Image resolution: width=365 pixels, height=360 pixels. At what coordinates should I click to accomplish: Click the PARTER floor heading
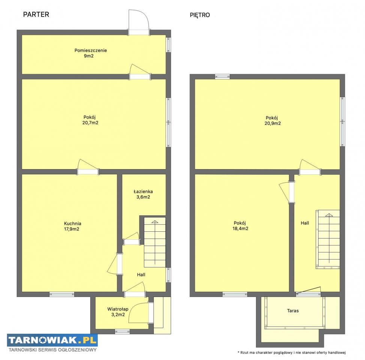click(36, 15)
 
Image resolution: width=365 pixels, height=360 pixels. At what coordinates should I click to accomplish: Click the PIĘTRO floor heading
click(200, 15)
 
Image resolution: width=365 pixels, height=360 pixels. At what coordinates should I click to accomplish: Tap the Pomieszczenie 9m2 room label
click(91, 53)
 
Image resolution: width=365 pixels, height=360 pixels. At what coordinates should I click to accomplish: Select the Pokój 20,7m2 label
click(90, 120)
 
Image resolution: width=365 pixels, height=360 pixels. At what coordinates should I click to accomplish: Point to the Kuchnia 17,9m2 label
click(72, 226)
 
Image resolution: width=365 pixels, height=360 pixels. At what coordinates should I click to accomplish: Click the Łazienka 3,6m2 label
click(143, 194)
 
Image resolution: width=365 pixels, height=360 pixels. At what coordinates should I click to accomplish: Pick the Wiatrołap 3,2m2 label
click(118, 312)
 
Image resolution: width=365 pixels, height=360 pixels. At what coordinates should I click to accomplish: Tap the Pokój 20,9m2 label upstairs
click(272, 120)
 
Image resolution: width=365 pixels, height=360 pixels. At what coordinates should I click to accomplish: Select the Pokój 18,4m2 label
click(240, 225)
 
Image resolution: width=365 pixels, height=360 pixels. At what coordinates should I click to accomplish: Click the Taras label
click(293, 310)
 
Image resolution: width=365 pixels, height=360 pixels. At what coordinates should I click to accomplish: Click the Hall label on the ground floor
click(141, 275)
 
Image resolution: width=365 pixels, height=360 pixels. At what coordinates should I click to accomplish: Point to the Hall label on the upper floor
click(305, 223)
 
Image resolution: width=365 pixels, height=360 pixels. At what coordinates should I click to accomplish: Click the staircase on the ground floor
click(155, 242)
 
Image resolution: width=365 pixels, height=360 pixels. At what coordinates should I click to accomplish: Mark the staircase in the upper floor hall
click(328, 240)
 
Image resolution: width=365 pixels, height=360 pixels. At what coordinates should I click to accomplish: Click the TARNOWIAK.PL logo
click(52, 340)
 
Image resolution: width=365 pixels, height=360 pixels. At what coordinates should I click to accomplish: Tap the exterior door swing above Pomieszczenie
click(139, 22)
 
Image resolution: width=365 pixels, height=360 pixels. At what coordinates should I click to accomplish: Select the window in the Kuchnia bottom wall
click(62, 294)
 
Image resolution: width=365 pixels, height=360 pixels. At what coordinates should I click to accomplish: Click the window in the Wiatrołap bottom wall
click(123, 331)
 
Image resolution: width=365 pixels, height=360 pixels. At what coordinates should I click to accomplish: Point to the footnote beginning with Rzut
click(292, 352)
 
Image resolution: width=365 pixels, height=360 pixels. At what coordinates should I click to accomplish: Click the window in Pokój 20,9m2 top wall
click(222, 76)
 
